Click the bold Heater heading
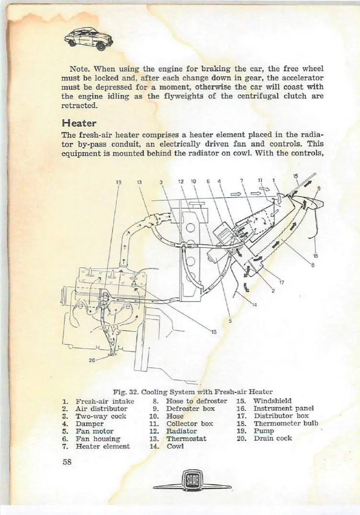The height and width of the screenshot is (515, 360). (x=76, y=123)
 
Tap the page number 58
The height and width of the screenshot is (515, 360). (x=67, y=462)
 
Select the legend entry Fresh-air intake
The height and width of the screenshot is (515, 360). (x=104, y=401)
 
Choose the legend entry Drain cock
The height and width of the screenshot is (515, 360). (x=272, y=438)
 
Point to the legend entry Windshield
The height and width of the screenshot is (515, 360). (x=272, y=401)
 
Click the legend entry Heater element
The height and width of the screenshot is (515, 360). (x=102, y=446)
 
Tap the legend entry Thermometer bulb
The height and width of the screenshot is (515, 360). (x=286, y=423)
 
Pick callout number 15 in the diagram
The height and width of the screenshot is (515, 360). (x=296, y=176)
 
